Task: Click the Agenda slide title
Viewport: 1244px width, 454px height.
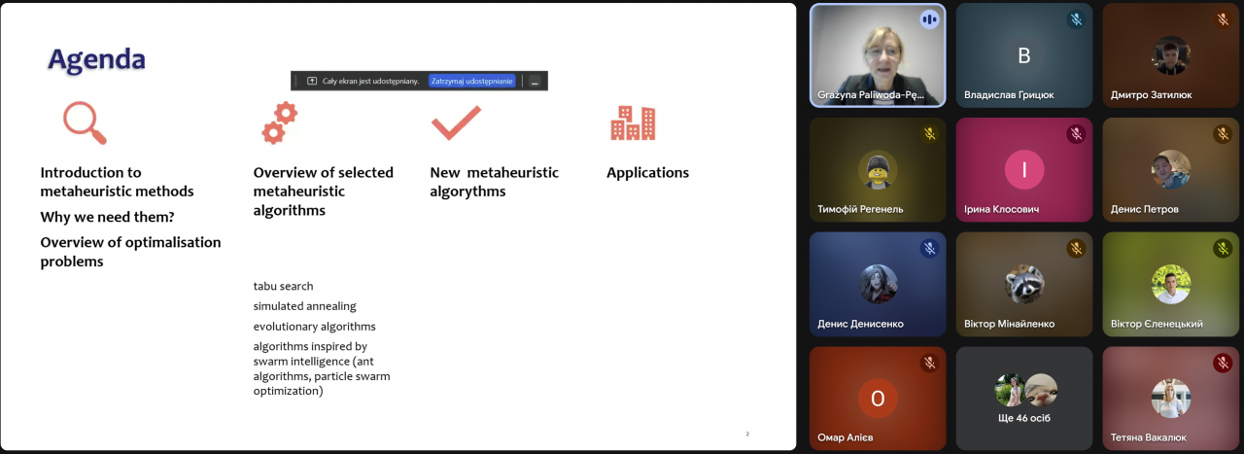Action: coord(96,60)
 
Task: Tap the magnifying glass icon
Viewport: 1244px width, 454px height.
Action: coord(85,122)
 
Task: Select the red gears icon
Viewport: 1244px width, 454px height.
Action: coord(279,122)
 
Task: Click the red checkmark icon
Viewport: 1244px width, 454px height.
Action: coord(456,122)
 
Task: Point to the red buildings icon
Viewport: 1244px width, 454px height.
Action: coord(633,122)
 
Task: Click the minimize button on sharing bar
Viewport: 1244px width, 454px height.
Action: coord(535,81)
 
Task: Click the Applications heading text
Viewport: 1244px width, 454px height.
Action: coord(647,173)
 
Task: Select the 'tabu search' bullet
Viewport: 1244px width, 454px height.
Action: coord(283,286)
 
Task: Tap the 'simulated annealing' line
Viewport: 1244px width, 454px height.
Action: coord(305,306)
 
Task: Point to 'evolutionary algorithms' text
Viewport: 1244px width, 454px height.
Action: coord(314,327)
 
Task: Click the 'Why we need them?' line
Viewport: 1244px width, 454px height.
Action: coord(107,217)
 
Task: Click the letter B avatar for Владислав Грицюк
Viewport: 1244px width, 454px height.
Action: coord(1024,55)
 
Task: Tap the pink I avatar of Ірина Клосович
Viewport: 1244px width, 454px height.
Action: coord(1024,169)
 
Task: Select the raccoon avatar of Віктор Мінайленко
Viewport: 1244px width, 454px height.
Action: coord(1024,284)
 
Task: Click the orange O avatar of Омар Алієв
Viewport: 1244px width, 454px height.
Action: coord(878,399)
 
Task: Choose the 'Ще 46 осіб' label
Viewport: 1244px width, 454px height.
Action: coord(1024,418)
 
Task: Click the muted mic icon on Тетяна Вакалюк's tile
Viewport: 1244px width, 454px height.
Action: coord(1223,363)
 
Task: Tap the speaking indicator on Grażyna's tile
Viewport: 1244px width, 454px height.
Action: coord(930,20)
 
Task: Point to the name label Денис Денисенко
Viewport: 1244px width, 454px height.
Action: coord(860,324)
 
